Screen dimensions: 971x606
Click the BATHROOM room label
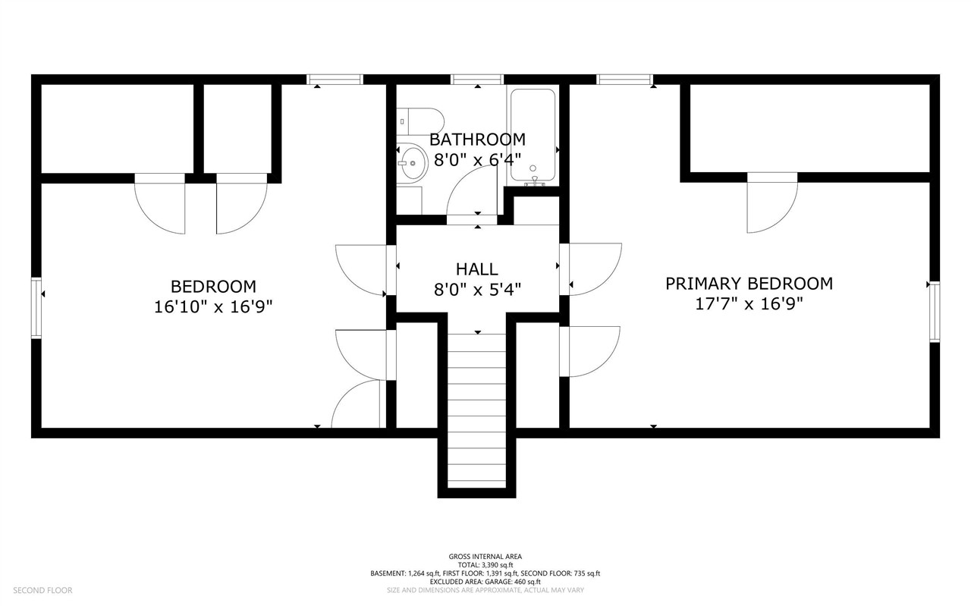[477, 140]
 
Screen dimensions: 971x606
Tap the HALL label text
[477, 269]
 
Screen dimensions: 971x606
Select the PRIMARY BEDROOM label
[749, 284]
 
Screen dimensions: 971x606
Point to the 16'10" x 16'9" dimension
[213, 307]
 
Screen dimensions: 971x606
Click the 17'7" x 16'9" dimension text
[749, 304]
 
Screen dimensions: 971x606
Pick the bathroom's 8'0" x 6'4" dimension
[477, 160]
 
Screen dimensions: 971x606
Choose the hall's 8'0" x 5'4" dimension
[477, 289]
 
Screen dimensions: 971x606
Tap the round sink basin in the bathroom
[412, 163]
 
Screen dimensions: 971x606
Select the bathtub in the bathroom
[533, 135]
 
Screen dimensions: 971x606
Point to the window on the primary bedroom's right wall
[935, 312]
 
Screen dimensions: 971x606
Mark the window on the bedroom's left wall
[36, 308]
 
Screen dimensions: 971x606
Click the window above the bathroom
[477, 80]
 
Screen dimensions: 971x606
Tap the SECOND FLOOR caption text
[43, 590]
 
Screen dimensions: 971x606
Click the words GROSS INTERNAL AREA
[485, 557]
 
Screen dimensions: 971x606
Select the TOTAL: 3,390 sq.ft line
[485, 565]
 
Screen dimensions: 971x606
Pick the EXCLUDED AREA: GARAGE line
[485, 582]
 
